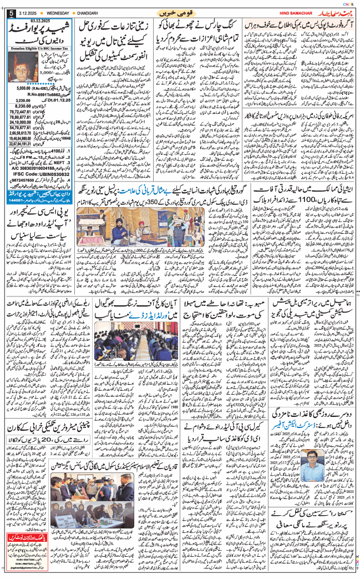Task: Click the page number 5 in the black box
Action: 5,12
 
